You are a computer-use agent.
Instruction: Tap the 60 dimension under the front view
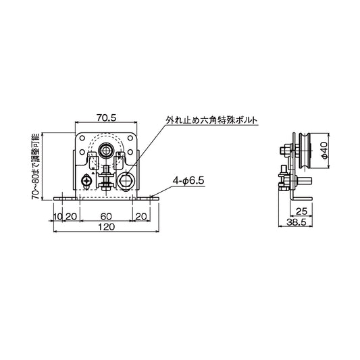105,216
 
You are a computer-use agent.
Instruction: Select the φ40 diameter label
324,150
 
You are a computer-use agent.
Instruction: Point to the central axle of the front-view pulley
107,149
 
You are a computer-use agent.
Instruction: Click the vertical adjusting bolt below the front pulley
107,177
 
